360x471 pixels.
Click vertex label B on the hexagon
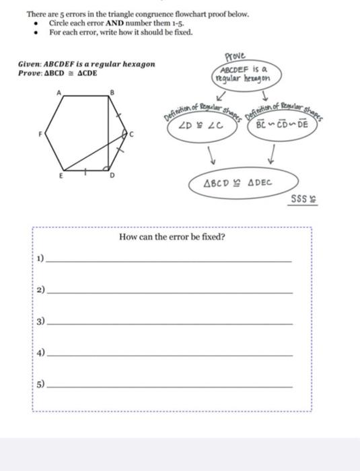(112, 92)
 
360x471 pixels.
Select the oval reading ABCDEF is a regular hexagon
(242, 73)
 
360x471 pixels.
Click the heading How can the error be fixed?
(172, 237)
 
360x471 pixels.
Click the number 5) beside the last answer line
(41, 386)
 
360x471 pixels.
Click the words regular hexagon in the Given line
(127, 64)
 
